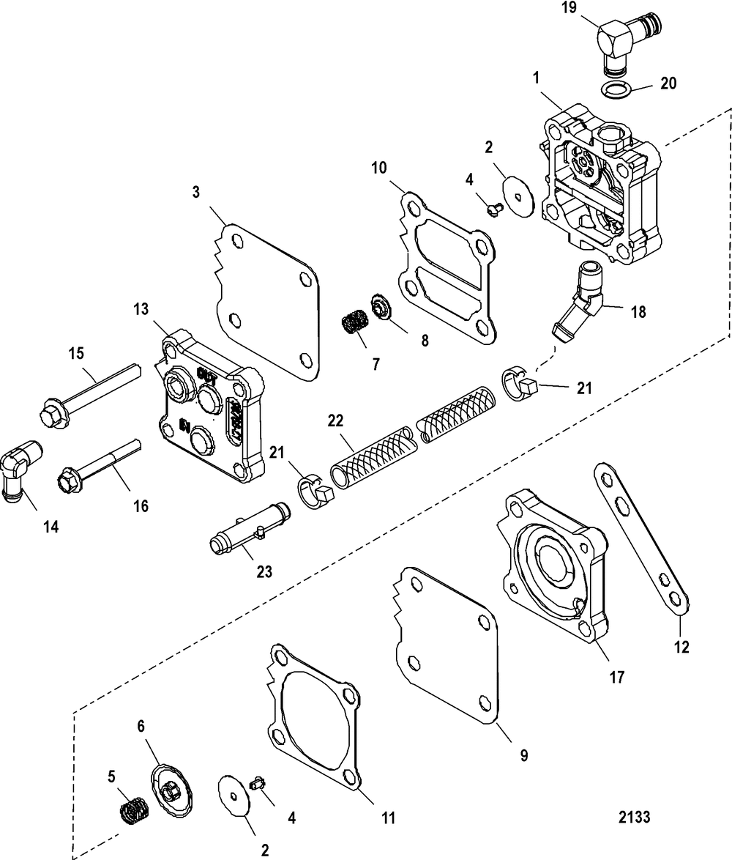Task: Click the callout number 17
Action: pyautogui.click(x=616, y=678)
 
